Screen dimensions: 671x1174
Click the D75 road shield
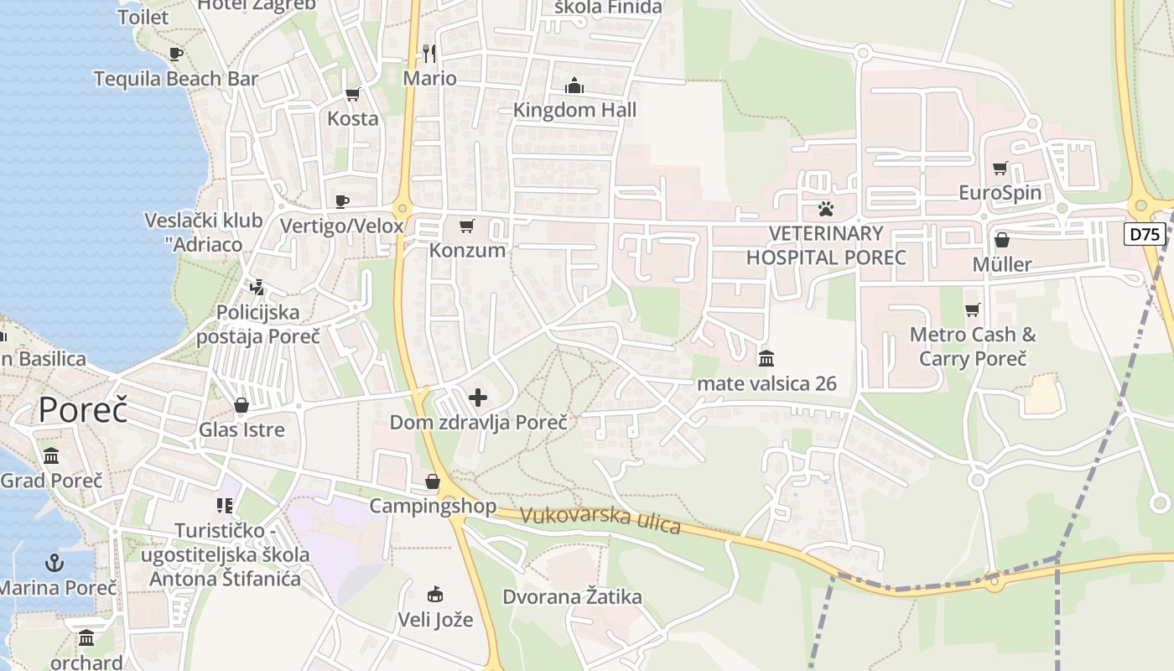pos(1145,234)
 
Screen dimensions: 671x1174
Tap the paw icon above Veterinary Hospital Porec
pos(826,208)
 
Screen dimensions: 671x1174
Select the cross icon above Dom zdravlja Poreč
pos(478,397)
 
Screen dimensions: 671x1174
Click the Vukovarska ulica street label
pos(600,519)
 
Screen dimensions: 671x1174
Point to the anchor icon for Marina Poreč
pos(55,563)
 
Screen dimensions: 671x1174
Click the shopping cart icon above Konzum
pos(467,226)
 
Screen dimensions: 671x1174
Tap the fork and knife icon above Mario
pos(429,54)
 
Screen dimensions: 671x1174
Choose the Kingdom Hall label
pos(574,110)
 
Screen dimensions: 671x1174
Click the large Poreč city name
pos(83,410)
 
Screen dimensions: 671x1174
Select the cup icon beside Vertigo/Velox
pos(342,201)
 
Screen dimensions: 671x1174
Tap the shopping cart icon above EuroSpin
pos(1000,169)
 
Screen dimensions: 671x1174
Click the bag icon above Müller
pos(1001,241)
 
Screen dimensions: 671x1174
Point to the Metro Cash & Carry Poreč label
pos(973,346)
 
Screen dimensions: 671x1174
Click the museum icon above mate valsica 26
pos(766,359)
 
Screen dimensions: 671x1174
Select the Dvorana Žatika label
pos(572,597)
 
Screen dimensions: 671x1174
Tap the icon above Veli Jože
pos(434,595)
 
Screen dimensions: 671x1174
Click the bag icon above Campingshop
pos(433,481)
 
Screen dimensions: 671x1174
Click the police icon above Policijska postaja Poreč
pos(257,288)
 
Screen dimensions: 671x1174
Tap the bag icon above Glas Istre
pos(242,406)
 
